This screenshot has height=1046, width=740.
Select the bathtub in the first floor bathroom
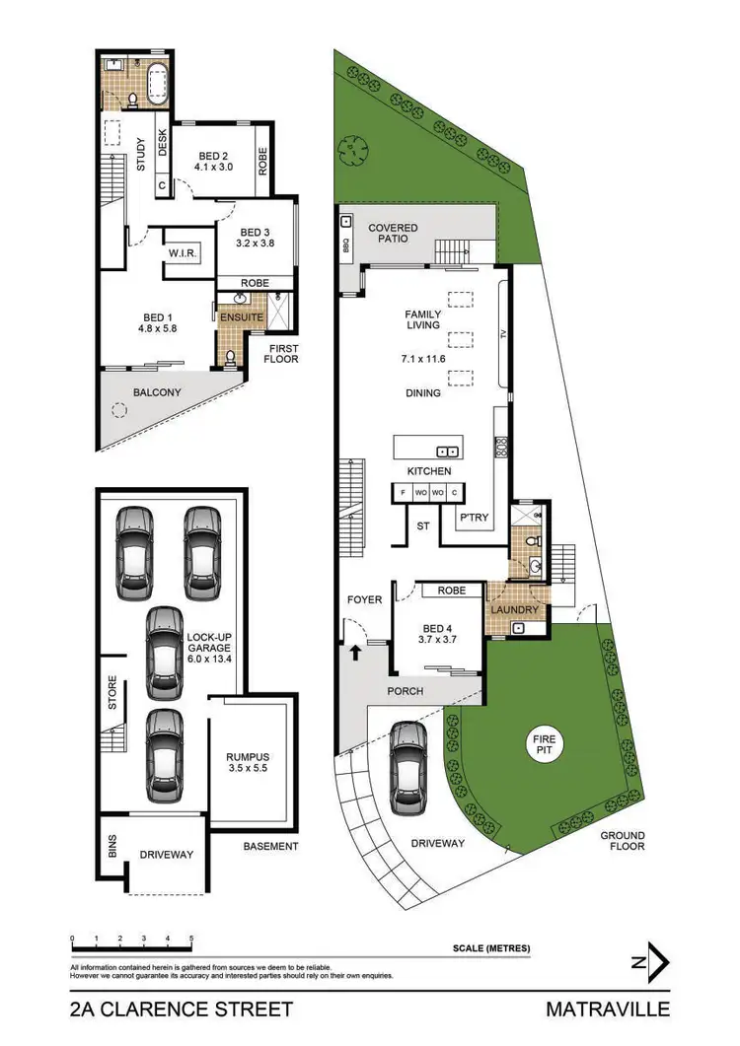coord(156,86)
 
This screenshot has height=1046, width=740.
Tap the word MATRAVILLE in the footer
coord(607,1009)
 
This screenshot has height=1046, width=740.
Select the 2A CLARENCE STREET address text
coord(182,1009)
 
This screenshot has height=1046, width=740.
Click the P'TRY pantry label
coord(474,518)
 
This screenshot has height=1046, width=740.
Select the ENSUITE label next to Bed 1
coord(242,318)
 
